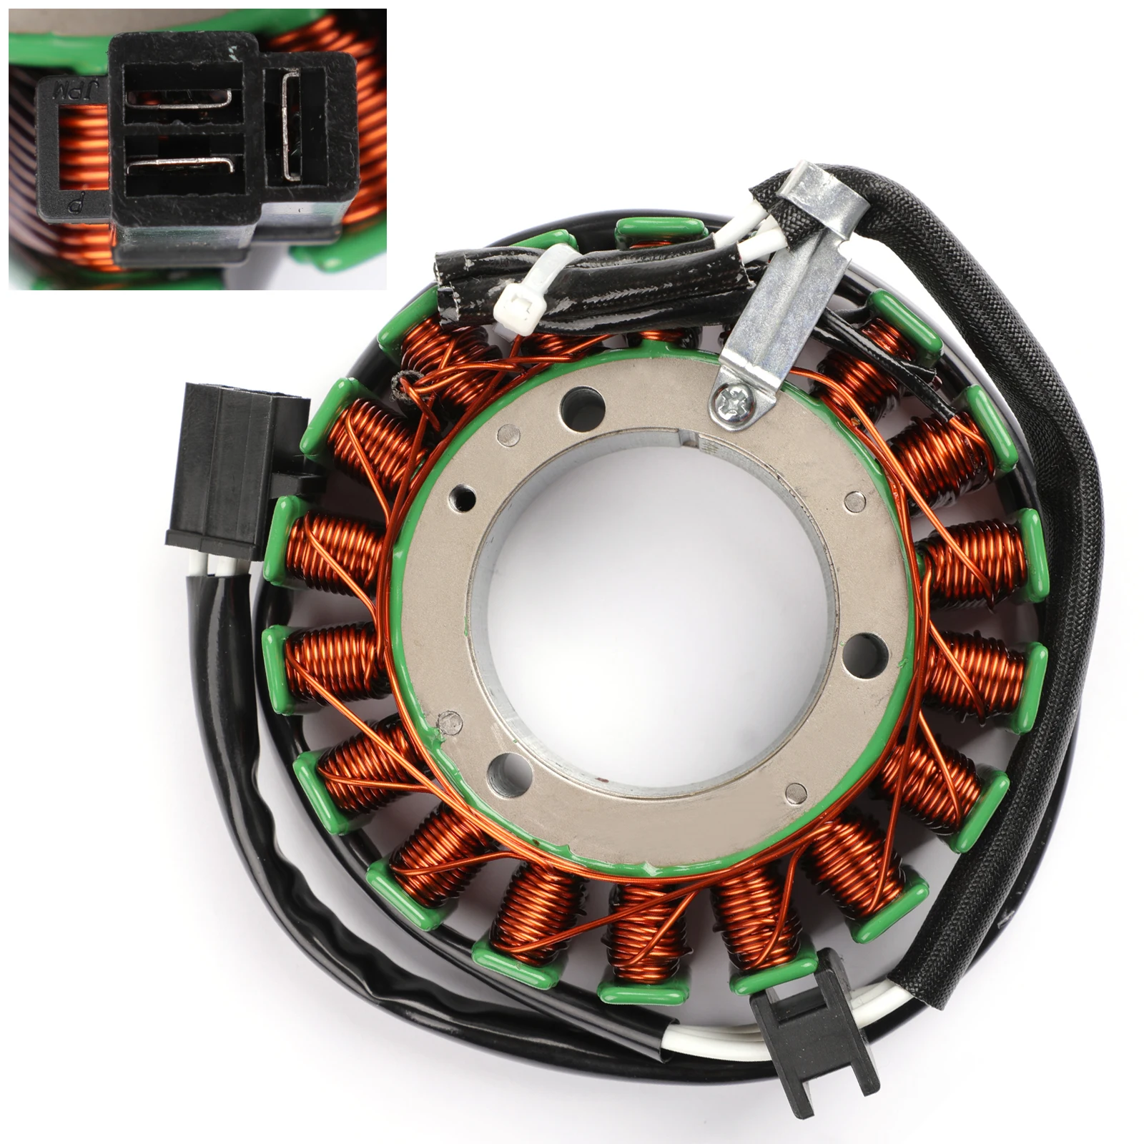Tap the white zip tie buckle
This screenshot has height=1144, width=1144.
[x=516, y=306]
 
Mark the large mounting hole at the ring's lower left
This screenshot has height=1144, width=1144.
[x=506, y=767]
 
